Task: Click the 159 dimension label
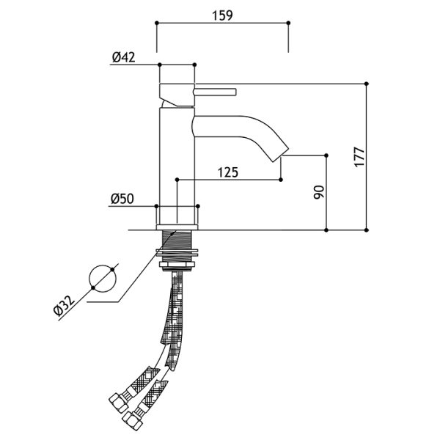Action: pos(222,15)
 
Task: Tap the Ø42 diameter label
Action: pos(124,57)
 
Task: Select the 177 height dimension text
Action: pos(359,157)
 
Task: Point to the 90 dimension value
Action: pos(319,192)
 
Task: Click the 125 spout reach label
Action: pos(228,172)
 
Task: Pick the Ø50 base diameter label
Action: pos(122,199)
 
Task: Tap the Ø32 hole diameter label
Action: pos(65,306)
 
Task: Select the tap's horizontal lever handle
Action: pos(215,92)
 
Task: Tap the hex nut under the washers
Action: pos(177,265)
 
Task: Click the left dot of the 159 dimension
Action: pos(157,23)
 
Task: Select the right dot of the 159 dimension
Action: pos(288,23)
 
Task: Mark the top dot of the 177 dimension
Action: pos(366,84)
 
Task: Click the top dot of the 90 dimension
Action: pos(326,155)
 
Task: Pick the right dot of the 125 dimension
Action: pos(281,180)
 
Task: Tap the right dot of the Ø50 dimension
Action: pos(197,206)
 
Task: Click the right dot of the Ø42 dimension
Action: pos(194,65)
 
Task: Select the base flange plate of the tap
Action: pos(177,227)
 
